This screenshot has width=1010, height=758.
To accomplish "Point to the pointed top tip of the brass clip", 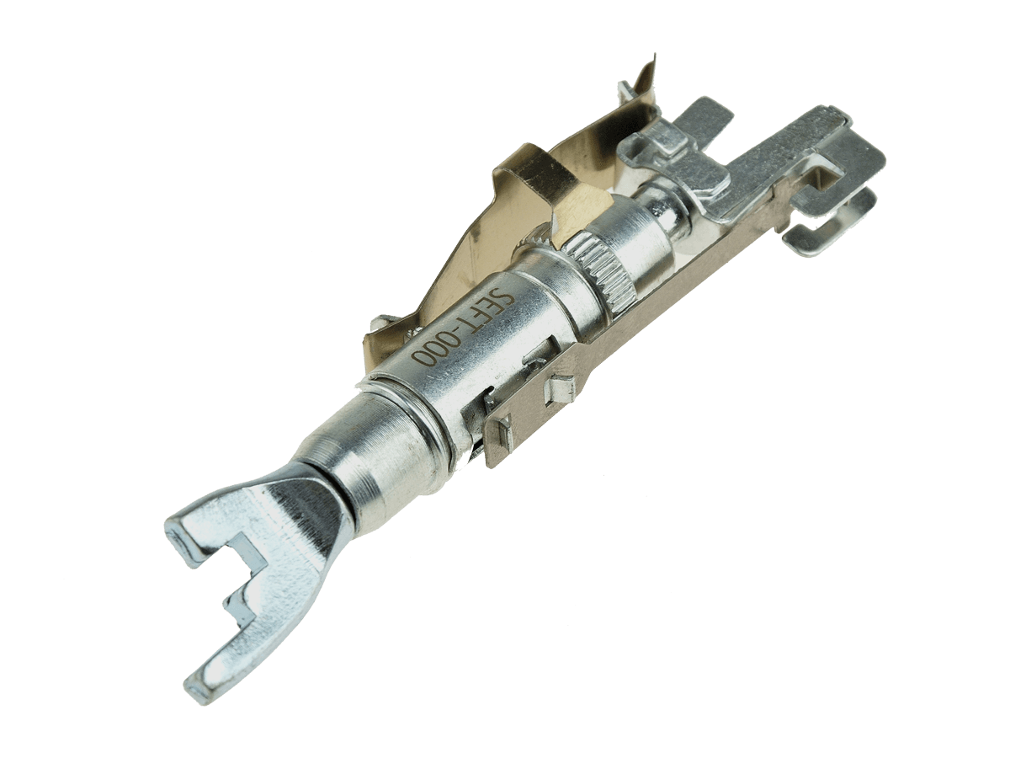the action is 655,56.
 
